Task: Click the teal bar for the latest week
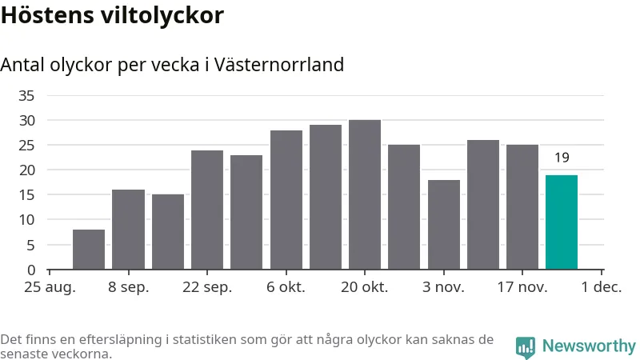561,222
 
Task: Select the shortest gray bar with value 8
89,250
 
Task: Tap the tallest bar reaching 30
364,194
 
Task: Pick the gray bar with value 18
443,225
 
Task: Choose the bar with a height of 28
286,200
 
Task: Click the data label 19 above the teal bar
562,158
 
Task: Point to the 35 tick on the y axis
26,96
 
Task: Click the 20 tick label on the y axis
26,170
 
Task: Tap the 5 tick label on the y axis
30,246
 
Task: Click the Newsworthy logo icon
526,346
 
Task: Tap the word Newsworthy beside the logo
589,346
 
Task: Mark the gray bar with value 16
128,230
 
